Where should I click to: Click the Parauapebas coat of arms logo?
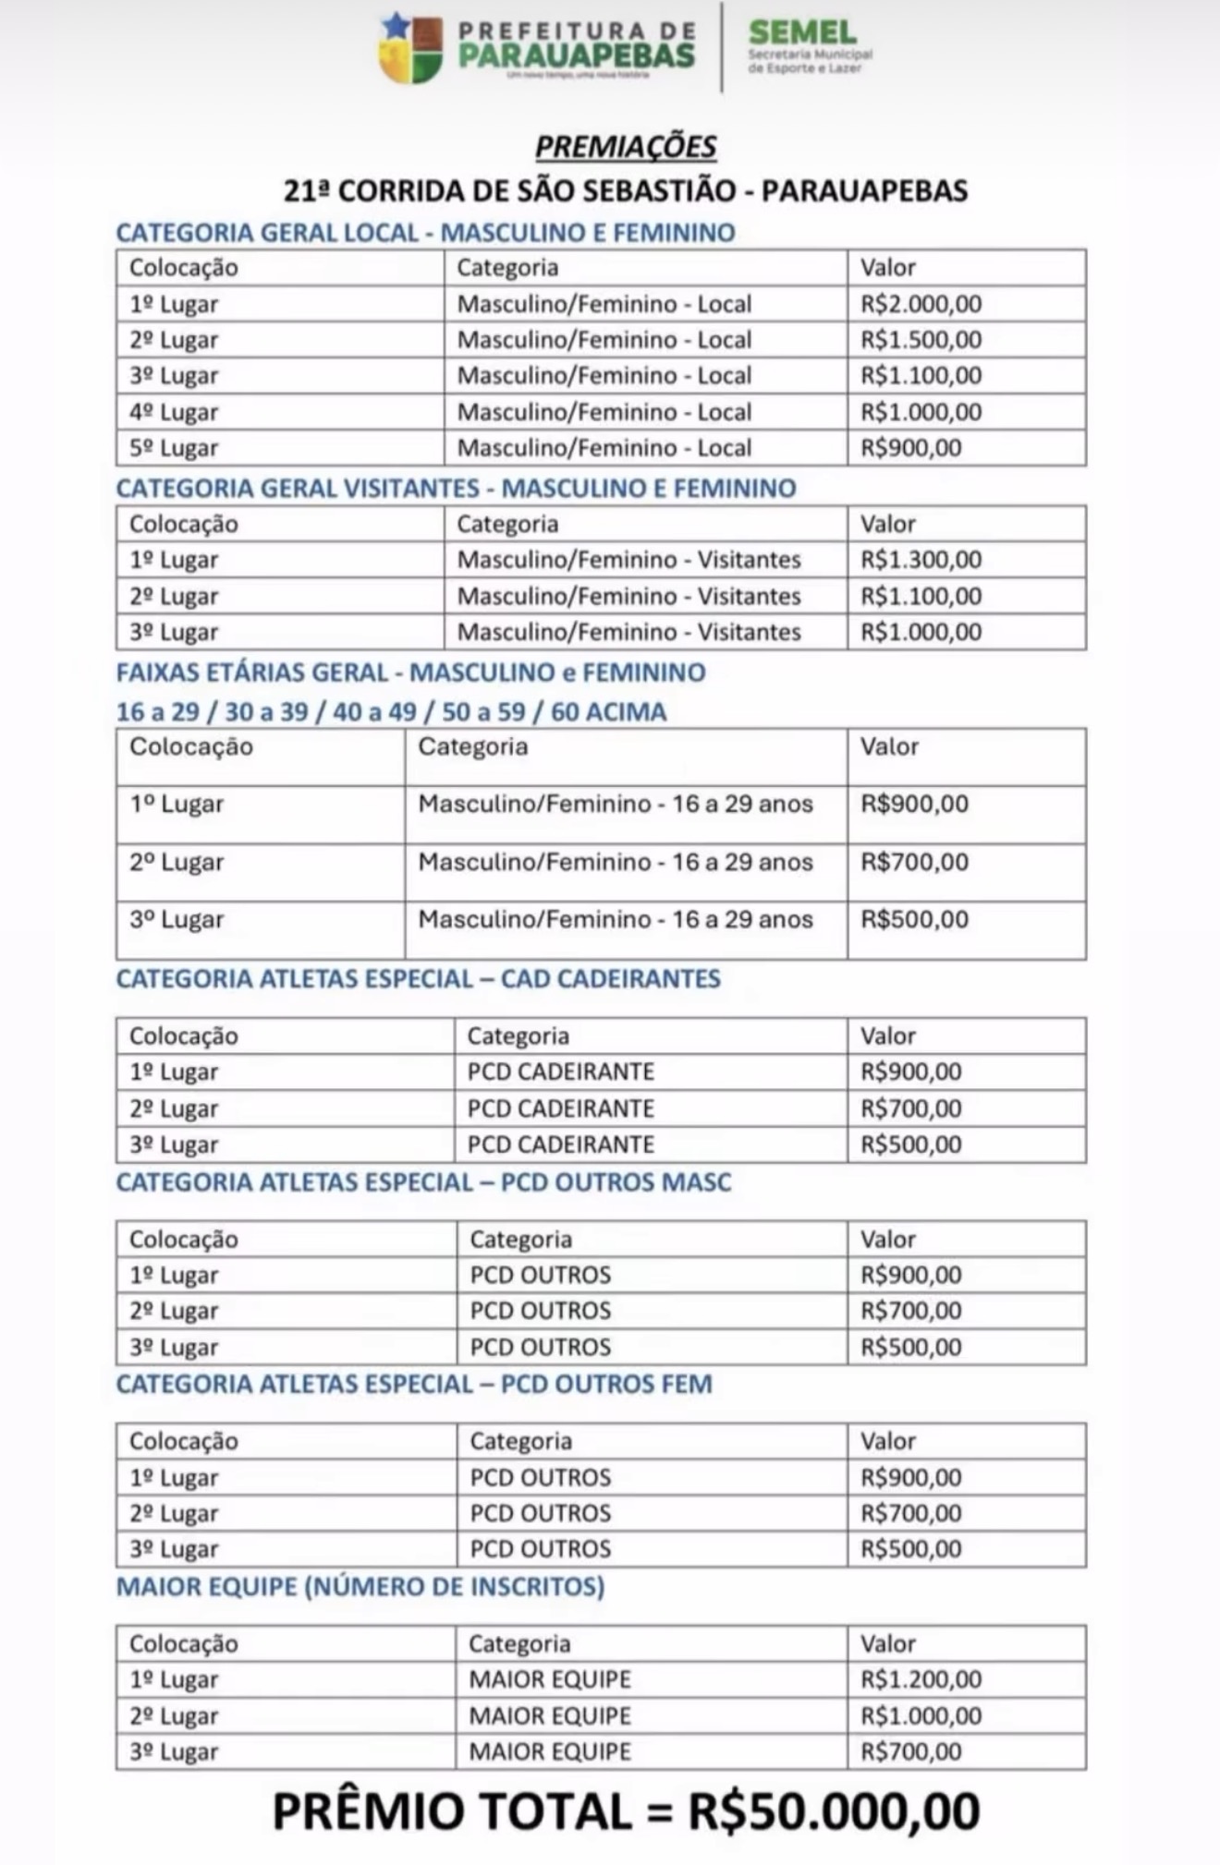coord(411,47)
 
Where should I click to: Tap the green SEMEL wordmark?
coord(801,32)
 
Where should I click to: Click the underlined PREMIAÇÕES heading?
coord(626,146)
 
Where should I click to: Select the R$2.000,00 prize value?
coord(921,304)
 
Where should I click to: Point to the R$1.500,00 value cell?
coord(921,340)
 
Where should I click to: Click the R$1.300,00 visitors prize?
coord(921,560)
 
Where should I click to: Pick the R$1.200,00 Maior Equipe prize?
coord(921,1679)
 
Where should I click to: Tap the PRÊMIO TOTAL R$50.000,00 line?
coord(626,1811)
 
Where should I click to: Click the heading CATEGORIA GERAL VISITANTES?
coord(456,488)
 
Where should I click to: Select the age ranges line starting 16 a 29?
coord(391,711)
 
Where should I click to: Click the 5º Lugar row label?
coord(174,448)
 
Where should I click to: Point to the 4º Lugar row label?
coord(174,412)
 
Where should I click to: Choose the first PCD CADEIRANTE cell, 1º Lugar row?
coord(561,1072)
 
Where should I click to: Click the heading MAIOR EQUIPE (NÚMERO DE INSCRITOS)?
coord(360,1587)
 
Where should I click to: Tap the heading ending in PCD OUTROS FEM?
coord(414,1384)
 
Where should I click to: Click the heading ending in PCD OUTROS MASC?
coord(423,1182)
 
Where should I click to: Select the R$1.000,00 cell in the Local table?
coord(921,412)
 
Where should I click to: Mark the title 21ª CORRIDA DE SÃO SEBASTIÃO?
coord(626,190)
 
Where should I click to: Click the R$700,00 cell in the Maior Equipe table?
coord(911,1751)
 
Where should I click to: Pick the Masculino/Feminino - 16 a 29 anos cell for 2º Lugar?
coord(616,862)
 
